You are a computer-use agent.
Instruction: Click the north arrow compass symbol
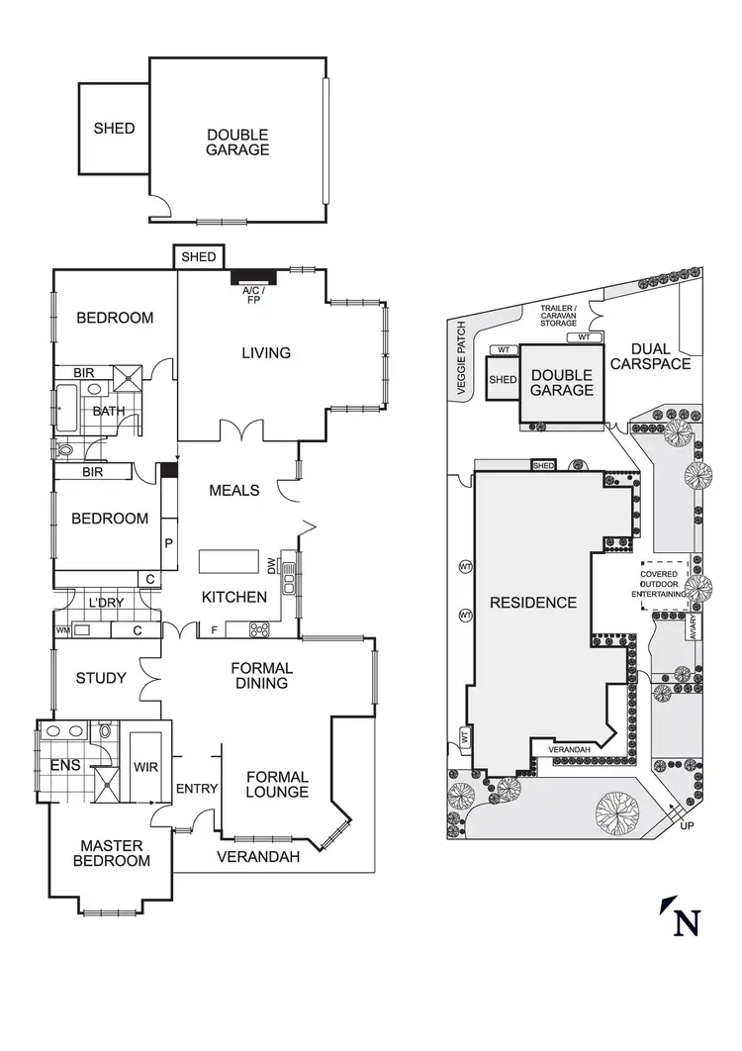pyautogui.click(x=683, y=916)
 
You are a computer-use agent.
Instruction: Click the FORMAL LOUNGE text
pyautogui.click(x=277, y=784)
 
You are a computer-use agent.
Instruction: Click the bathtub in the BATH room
pyautogui.click(x=66, y=410)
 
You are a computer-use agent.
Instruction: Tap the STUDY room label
pyautogui.click(x=101, y=678)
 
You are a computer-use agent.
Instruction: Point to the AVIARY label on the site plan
pyautogui.click(x=696, y=628)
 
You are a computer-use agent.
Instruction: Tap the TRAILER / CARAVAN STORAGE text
pyautogui.click(x=557, y=315)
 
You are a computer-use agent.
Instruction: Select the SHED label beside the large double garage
pyautogui.click(x=114, y=129)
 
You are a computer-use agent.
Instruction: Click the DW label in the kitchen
pyautogui.click(x=271, y=565)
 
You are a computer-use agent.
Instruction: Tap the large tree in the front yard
pyautogui.click(x=618, y=814)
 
